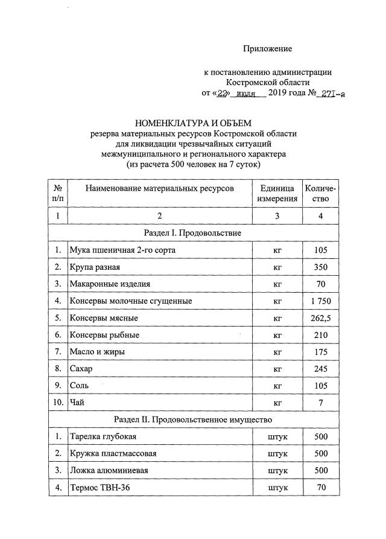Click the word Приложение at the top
point(267,48)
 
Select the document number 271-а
point(333,94)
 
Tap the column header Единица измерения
point(277,193)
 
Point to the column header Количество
point(321,193)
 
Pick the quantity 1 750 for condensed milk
point(321,301)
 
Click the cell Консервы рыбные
point(104,334)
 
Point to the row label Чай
point(77,402)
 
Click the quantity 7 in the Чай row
point(321,402)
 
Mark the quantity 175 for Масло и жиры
point(321,351)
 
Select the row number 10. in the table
point(57,402)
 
